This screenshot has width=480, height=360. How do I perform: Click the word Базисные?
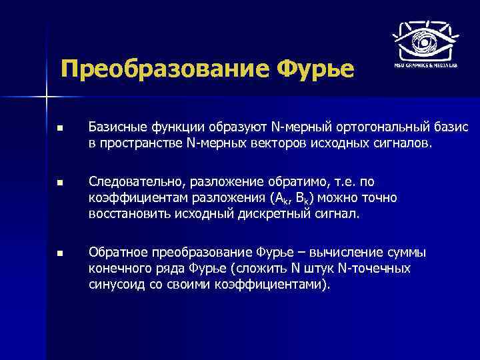[x=114, y=127]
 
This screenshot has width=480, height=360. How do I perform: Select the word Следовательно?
[x=136, y=181]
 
